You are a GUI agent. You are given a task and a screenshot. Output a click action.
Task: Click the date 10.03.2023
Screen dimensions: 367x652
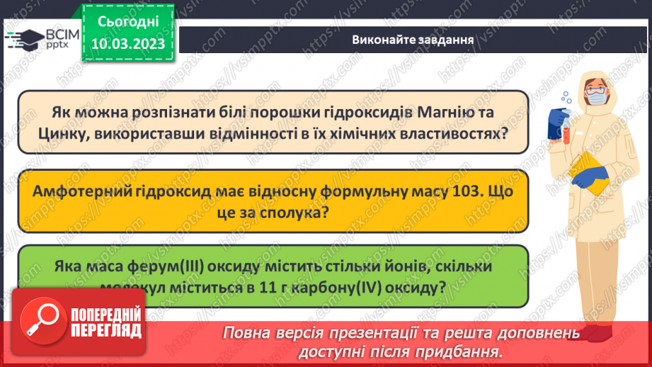point(127,44)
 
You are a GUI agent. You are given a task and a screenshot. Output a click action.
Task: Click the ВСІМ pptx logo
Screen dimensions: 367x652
point(40,40)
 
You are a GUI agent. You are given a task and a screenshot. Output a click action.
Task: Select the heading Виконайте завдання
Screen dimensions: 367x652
point(413,39)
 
